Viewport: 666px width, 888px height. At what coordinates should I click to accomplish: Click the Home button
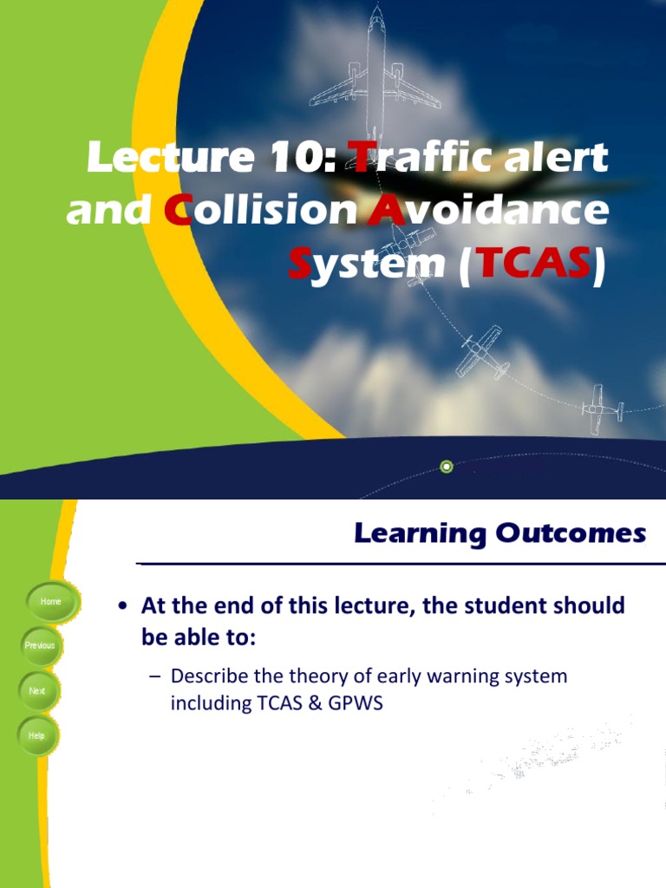tap(50, 602)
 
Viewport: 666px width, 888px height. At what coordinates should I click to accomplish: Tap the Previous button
tap(40, 646)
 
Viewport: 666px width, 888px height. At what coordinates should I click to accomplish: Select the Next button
tap(37, 691)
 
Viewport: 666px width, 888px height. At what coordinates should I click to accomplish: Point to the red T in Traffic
tap(359, 158)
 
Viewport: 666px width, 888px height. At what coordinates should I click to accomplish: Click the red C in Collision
tap(177, 212)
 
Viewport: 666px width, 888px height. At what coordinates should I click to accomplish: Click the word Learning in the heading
tap(417, 533)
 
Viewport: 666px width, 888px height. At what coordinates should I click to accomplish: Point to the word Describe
tap(209, 676)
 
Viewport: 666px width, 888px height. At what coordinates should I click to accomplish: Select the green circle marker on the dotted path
tap(447, 467)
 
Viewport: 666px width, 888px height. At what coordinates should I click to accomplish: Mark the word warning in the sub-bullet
tap(462, 676)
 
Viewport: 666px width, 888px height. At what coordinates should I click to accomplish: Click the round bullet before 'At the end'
tap(123, 606)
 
